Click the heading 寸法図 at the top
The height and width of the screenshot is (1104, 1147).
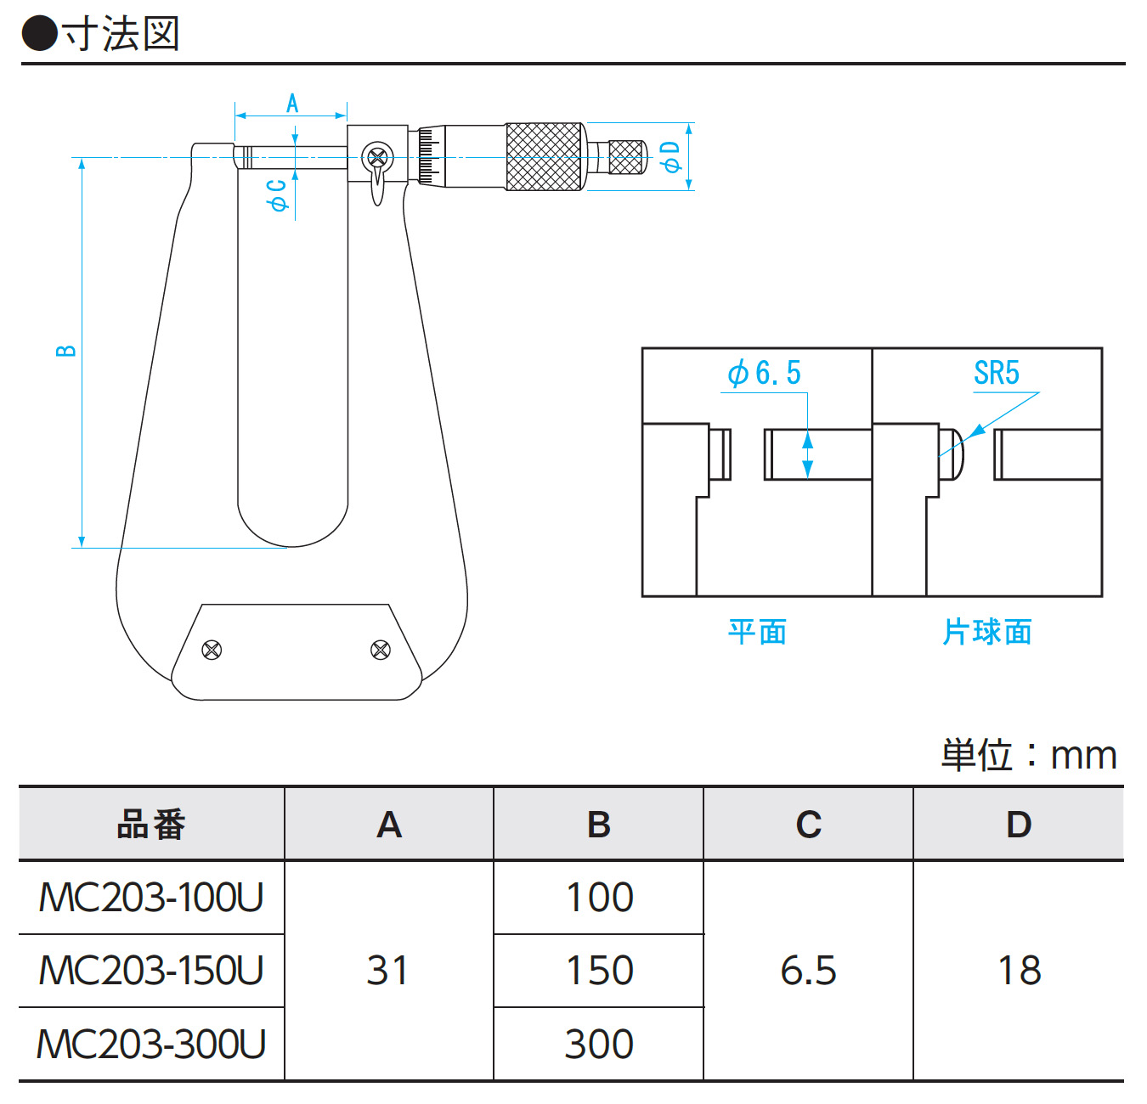point(120,35)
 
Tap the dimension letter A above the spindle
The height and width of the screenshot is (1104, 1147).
point(292,104)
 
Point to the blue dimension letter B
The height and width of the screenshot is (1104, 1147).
point(66,351)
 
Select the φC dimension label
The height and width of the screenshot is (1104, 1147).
point(277,195)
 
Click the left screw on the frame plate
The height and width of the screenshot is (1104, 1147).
point(212,650)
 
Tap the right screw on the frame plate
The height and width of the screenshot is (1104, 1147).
point(381,650)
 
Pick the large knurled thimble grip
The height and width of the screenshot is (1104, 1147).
point(545,156)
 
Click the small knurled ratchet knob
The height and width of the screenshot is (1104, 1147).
point(627,156)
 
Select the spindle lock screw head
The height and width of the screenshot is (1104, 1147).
point(377,156)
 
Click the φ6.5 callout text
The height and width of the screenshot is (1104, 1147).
point(764,373)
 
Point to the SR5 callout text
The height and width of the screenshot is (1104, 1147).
point(996,373)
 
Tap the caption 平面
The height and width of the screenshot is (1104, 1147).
point(757,632)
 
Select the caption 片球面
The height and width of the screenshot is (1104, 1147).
point(987,632)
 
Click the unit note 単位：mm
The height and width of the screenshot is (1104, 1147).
point(1028,755)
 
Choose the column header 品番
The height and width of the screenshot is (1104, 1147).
point(151,825)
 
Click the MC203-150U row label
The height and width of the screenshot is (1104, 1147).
point(151,971)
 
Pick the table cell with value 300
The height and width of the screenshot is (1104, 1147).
point(599,1044)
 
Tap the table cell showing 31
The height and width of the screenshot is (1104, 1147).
point(388,971)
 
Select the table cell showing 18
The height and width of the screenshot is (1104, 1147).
point(1019,971)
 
